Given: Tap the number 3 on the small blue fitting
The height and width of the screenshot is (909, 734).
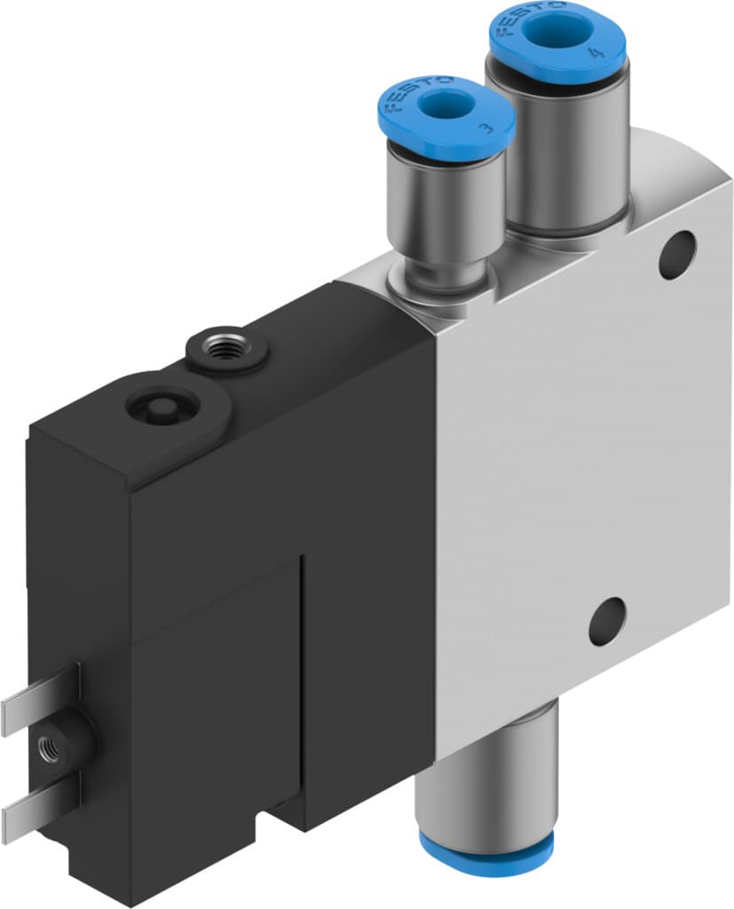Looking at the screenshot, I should click(484, 128).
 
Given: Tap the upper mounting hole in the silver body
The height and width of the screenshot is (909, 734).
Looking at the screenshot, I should click(677, 254).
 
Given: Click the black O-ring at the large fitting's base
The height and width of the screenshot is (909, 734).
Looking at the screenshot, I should click(568, 233).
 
